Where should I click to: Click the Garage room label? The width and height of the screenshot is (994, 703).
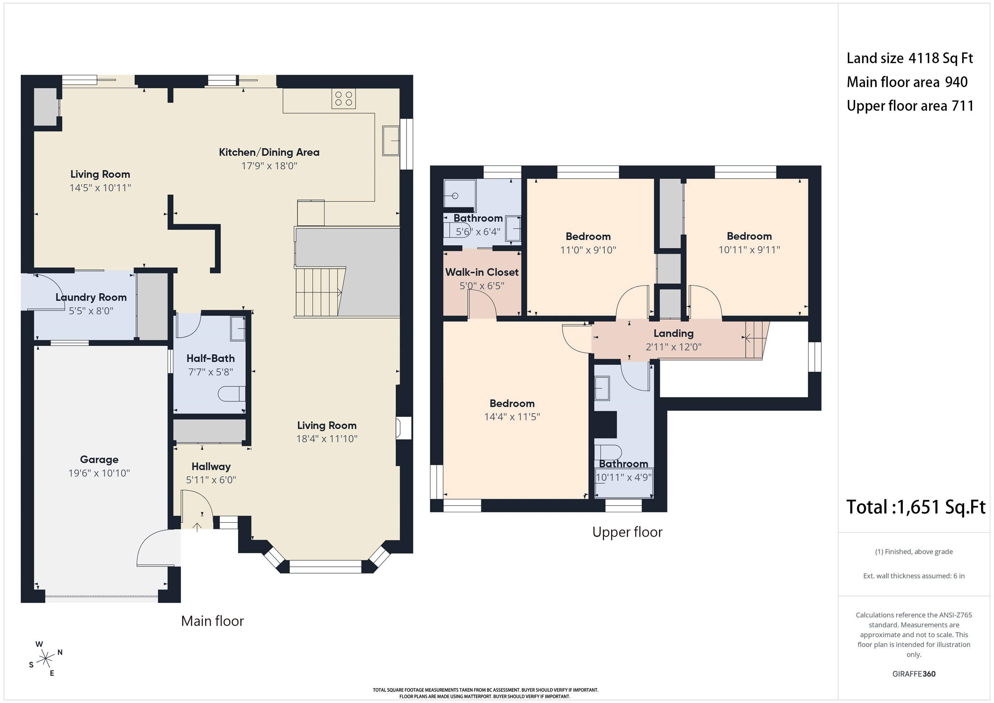[99, 459]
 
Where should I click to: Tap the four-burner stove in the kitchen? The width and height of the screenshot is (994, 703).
[344, 99]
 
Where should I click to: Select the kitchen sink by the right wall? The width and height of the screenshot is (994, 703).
[391, 141]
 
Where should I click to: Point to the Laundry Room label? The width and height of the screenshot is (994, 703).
[91, 297]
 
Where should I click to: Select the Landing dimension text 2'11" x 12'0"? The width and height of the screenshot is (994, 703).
[674, 347]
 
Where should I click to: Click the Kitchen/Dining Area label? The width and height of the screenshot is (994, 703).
[269, 152]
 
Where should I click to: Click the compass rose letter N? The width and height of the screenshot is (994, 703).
[60, 652]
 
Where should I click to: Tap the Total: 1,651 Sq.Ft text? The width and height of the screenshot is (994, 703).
[916, 507]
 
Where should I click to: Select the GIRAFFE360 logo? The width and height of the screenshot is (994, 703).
[914, 674]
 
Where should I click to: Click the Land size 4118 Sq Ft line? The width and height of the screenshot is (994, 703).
[910, 58]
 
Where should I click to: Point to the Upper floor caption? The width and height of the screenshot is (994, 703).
[627, 532]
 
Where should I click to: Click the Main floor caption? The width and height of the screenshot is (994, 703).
[213, 621]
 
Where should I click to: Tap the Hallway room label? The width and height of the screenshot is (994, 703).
[211, 467]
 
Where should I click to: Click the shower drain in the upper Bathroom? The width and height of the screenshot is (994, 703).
[455, 196]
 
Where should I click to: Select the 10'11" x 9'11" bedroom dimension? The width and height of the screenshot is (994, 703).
[749, 250]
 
